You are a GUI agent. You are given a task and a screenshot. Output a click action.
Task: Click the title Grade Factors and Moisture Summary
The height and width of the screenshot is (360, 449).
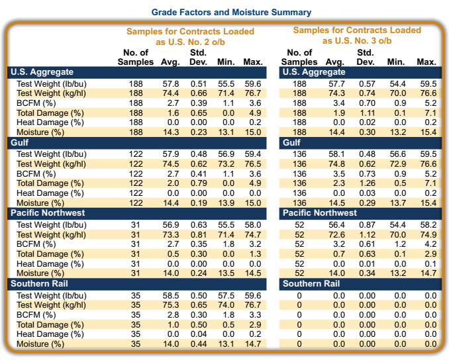[x=231, y=12]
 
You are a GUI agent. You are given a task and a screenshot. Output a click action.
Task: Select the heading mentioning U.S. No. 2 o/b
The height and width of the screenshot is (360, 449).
[x=190, y=36]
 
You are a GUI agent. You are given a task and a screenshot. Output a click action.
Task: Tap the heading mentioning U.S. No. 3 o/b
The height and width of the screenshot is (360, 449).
[x=357, y=35]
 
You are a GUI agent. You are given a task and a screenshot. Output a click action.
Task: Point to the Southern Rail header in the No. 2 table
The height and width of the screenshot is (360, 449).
[x=37, y=284]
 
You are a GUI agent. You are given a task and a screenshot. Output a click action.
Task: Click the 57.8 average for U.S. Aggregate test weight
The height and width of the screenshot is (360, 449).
[x=171, y=84]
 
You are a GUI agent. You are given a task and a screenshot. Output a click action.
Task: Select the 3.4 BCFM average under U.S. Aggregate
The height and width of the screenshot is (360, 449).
[x=337, y=103]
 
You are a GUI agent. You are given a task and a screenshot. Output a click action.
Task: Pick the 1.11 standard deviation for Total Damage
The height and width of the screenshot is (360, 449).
[x=366, y=112]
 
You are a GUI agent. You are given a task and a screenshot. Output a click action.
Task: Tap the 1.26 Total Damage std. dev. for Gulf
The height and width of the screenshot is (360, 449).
[x=366, y=183]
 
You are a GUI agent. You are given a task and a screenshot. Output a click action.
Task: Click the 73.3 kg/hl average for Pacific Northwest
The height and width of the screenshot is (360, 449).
[x=171, y=235]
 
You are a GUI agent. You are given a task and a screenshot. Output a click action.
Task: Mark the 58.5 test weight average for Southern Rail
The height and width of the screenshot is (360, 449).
[x=171, y=295]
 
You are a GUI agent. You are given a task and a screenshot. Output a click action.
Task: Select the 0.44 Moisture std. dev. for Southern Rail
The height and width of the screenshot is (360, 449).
[x=198, y=344]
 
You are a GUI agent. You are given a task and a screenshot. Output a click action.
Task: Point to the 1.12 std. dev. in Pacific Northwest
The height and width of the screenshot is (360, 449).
[x=366, y=235]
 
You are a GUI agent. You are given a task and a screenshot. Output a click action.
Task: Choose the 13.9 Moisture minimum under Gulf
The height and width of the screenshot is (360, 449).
[x=226, y=202]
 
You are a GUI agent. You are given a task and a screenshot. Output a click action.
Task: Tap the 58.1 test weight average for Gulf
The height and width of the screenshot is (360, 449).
[x=337, y=154]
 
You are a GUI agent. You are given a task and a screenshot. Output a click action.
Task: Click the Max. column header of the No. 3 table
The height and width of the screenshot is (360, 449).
[x=426, y=62]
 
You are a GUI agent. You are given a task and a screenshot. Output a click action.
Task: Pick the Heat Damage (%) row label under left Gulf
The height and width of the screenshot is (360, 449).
[x=50, y=193]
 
